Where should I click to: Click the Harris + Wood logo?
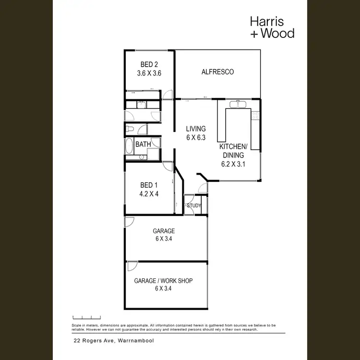coord(272,27)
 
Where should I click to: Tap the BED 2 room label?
coord(149,64)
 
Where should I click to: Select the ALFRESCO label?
coord(217,72)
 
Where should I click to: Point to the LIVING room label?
coord(196,129)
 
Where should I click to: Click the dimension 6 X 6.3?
coord(196,137)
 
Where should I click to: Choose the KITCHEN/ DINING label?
coord(233,151)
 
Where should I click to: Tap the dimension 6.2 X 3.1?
coord(233,164)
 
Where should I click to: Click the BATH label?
coord(143,144)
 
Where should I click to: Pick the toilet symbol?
coord(130,129)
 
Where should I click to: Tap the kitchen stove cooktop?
coord(256,115)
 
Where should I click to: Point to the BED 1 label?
coord(149,185)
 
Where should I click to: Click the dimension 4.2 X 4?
coord(149,195)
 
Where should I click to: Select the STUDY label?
coord(194,206)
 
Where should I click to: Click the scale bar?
coord(86,318)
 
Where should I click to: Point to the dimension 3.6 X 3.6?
coord(149,73)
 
